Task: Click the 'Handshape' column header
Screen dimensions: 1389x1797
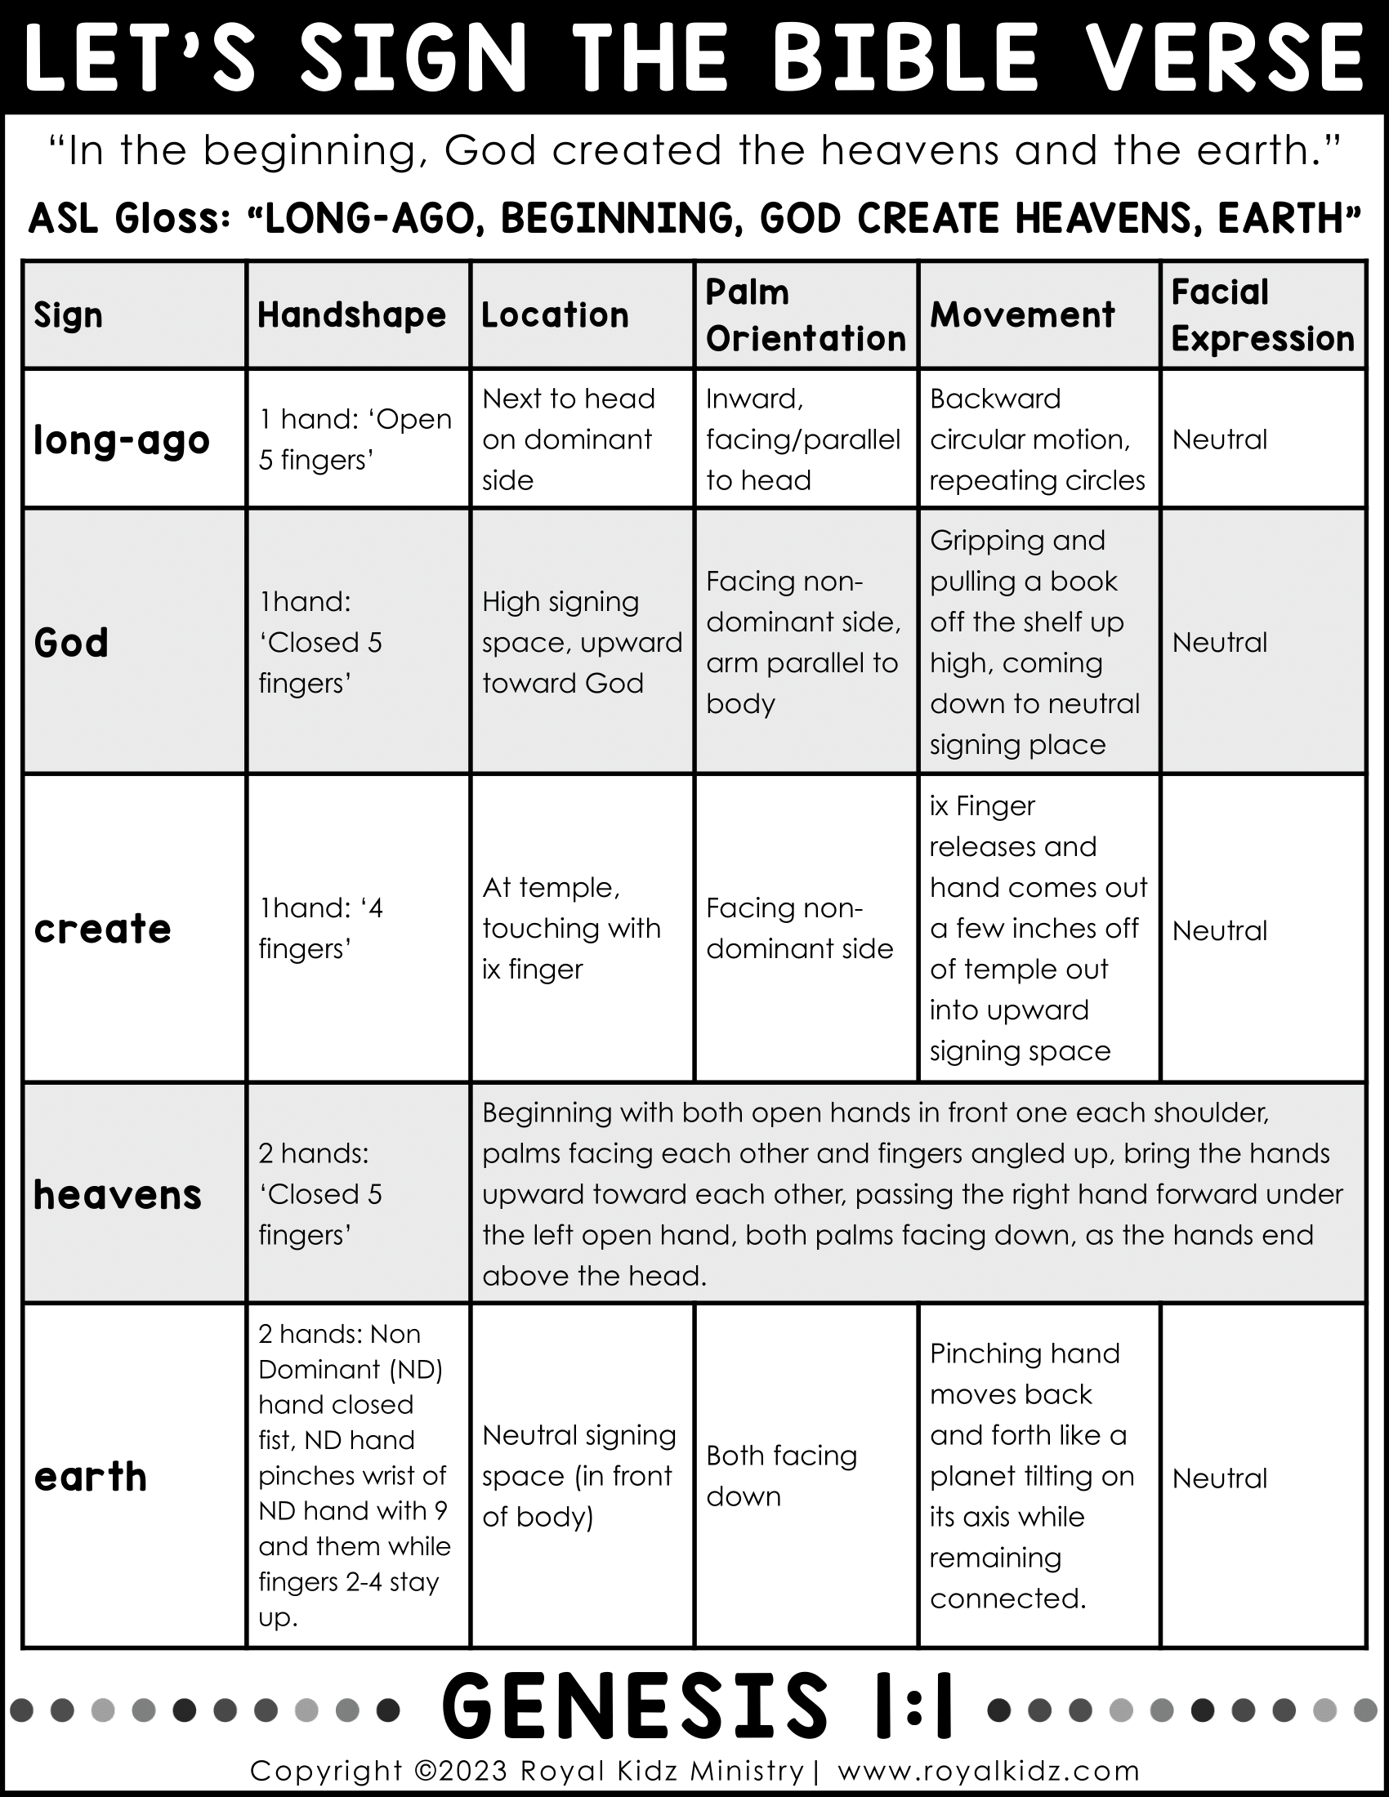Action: pyautogui.click(x=351, y=315)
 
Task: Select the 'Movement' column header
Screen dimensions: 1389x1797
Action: pyautogui.click(x=1022, y=315)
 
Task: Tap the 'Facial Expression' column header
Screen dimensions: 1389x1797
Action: pyautogui.click(x=1262, y=315)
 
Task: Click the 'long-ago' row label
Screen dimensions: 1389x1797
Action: pyautogui.click(x=122, y=440)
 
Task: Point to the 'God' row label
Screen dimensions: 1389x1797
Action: pyautogui.click(x=72, y=643)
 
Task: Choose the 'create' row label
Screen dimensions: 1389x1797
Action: pyautogui.click(x=103, y=929)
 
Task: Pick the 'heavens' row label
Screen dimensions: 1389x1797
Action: pyautogui.click(x=118, y=1195)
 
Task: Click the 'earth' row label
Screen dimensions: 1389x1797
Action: pyautogui.click(x=91, y=1477)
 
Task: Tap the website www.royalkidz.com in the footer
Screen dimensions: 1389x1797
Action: pyautogui.click(x=989, y=1771)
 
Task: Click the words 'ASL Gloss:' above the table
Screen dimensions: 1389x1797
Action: pyautogui.click(x=129, y=219)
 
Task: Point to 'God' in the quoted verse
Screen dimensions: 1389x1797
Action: pyautogui.click(x=491, y=150)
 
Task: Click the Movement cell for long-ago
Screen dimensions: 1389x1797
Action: pyautogui.click(x=1037, y=439)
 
